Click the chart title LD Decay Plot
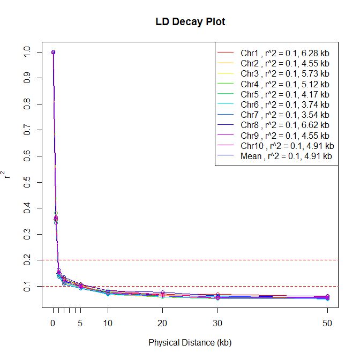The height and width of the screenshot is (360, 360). (190, 22)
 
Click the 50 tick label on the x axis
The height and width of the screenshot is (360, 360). (327, 323)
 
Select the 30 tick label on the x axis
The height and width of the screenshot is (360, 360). (217, 323)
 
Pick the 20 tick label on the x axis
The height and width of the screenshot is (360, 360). (163, 323)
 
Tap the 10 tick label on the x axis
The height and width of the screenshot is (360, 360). (108, 323)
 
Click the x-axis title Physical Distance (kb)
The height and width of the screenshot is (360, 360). (190, 342)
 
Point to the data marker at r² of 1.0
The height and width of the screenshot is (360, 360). (53, 52)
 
